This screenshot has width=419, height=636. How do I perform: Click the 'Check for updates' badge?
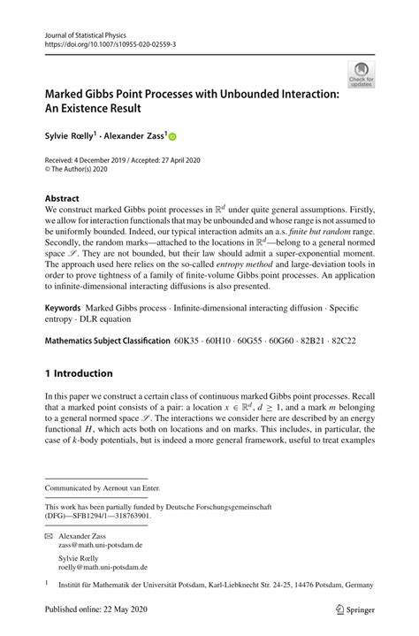[x=361, y=73]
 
